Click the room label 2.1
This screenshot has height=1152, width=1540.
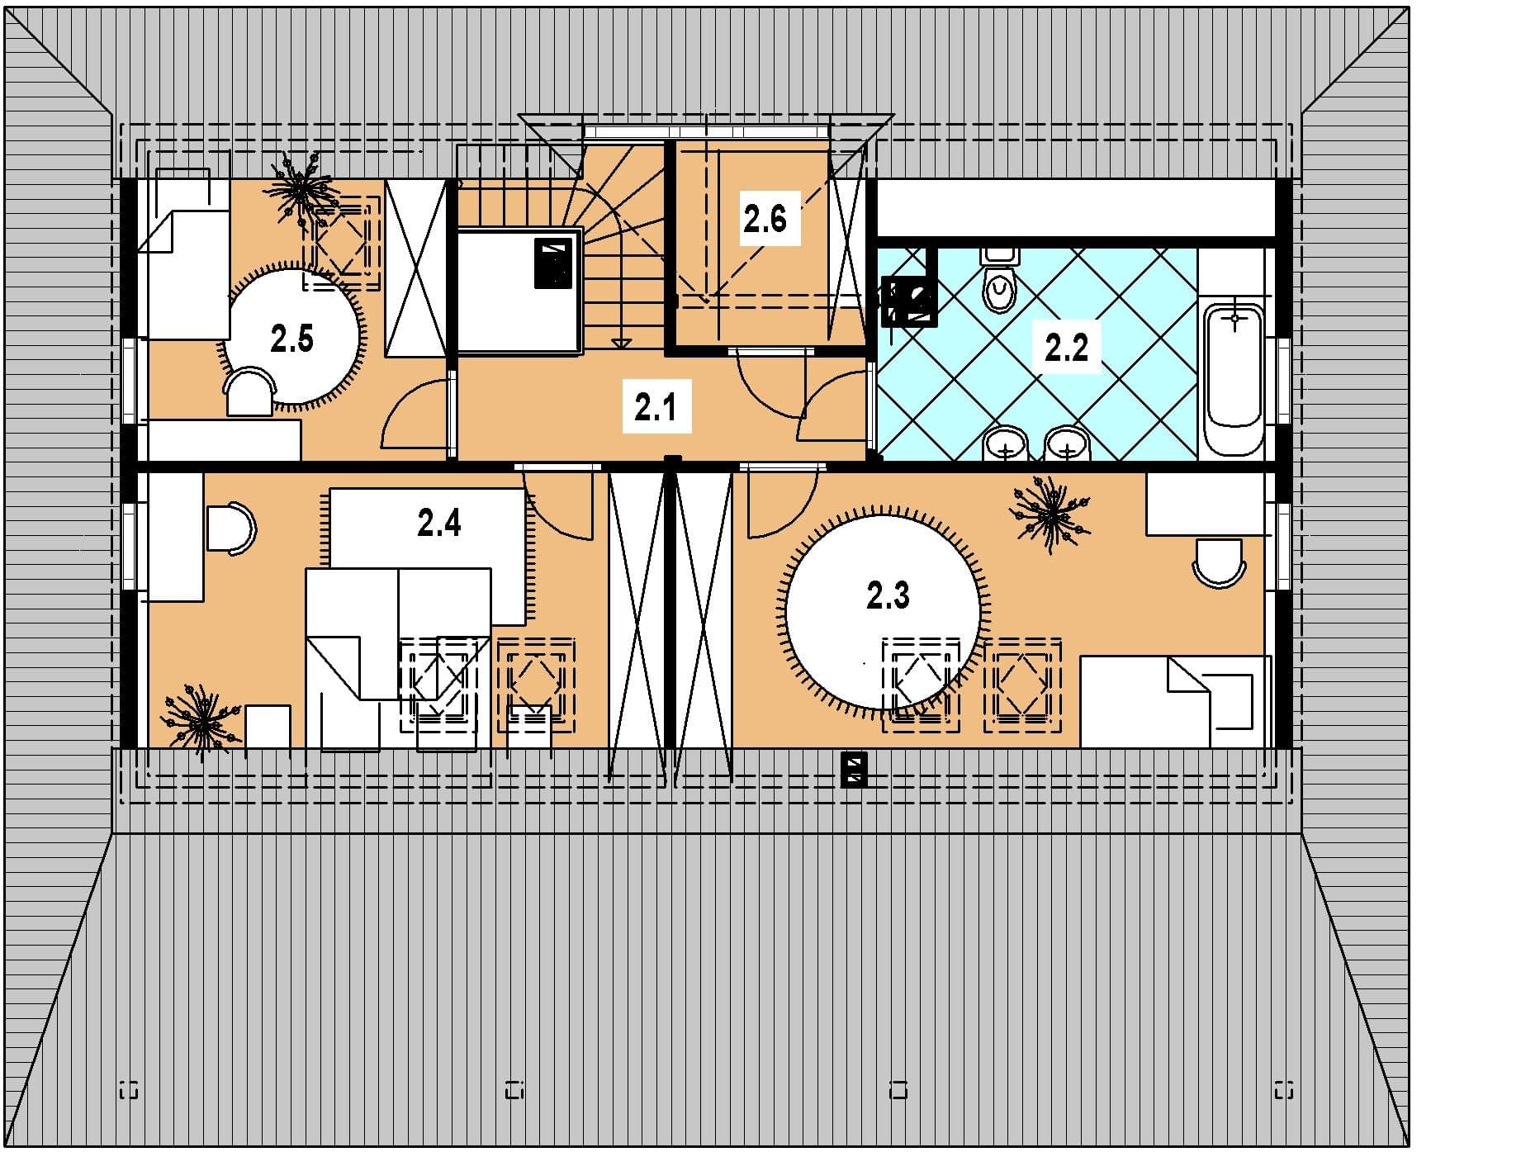656,408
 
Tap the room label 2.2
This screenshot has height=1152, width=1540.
1066,348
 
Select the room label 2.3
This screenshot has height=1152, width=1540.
888,595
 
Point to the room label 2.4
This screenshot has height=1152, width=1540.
439,523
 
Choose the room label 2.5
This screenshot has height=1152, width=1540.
291,339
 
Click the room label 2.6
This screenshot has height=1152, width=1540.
765,219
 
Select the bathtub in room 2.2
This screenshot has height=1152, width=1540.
1234,377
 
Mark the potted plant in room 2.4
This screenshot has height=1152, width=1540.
201,721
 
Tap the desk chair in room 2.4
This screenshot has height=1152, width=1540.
231,526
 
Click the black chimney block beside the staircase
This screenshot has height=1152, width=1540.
553,263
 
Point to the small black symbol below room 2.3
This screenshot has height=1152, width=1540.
854,769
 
